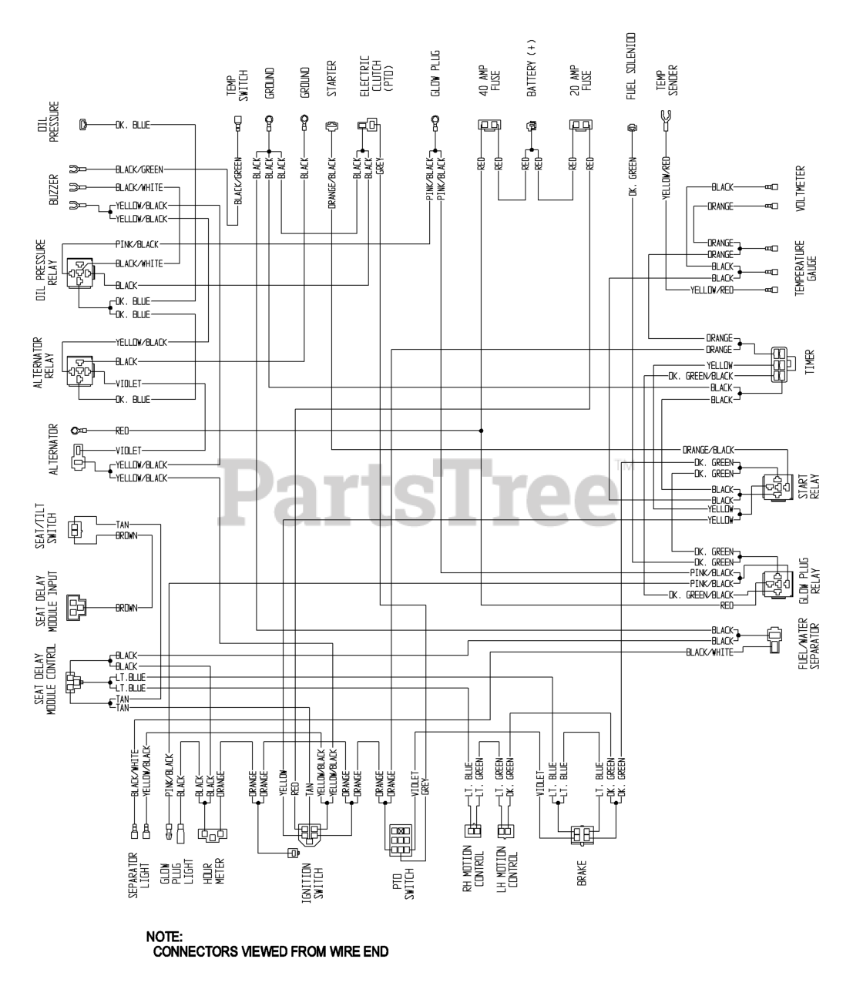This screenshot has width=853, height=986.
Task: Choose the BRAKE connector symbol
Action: [x=582, y=835]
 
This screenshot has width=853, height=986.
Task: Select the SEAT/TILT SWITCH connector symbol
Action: [x=75, y=529]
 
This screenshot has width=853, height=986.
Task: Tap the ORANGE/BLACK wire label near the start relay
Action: [x=708, y=449]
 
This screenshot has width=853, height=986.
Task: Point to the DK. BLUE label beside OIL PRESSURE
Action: [x=133, y=125]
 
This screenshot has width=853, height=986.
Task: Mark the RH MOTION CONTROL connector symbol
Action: [x=472, y=831]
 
